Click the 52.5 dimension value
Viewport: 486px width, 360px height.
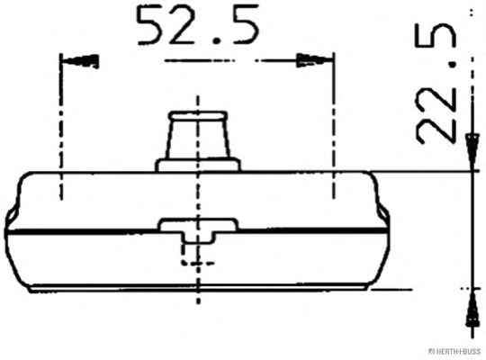[x=198, y=26]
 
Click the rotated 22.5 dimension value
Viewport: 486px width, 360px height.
[x=436, y=84]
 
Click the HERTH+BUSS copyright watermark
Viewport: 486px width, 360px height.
[x=454, y=351]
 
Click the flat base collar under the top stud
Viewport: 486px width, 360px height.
[x=198, y=165]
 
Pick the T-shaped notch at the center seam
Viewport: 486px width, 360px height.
[x=198, y=230]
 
